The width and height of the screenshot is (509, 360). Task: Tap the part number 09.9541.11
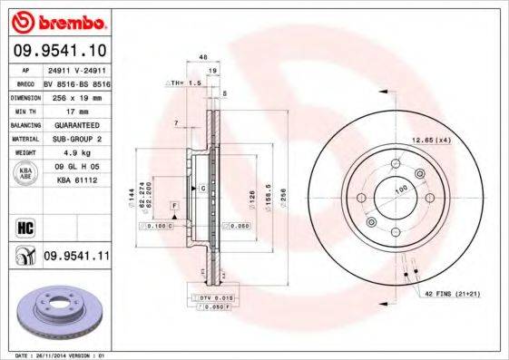[x=76, y=257]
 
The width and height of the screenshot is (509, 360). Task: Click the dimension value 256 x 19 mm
[x=75, y=97]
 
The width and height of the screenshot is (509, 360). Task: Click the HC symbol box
[x=24, y=226]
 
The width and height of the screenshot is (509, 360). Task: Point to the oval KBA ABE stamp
[x=25, y=174]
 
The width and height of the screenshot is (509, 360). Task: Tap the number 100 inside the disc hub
[x=400, y=190]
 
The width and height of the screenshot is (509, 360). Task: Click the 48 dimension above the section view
[x=202, y=57]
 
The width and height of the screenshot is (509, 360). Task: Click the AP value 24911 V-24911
[x=75, y=69]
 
